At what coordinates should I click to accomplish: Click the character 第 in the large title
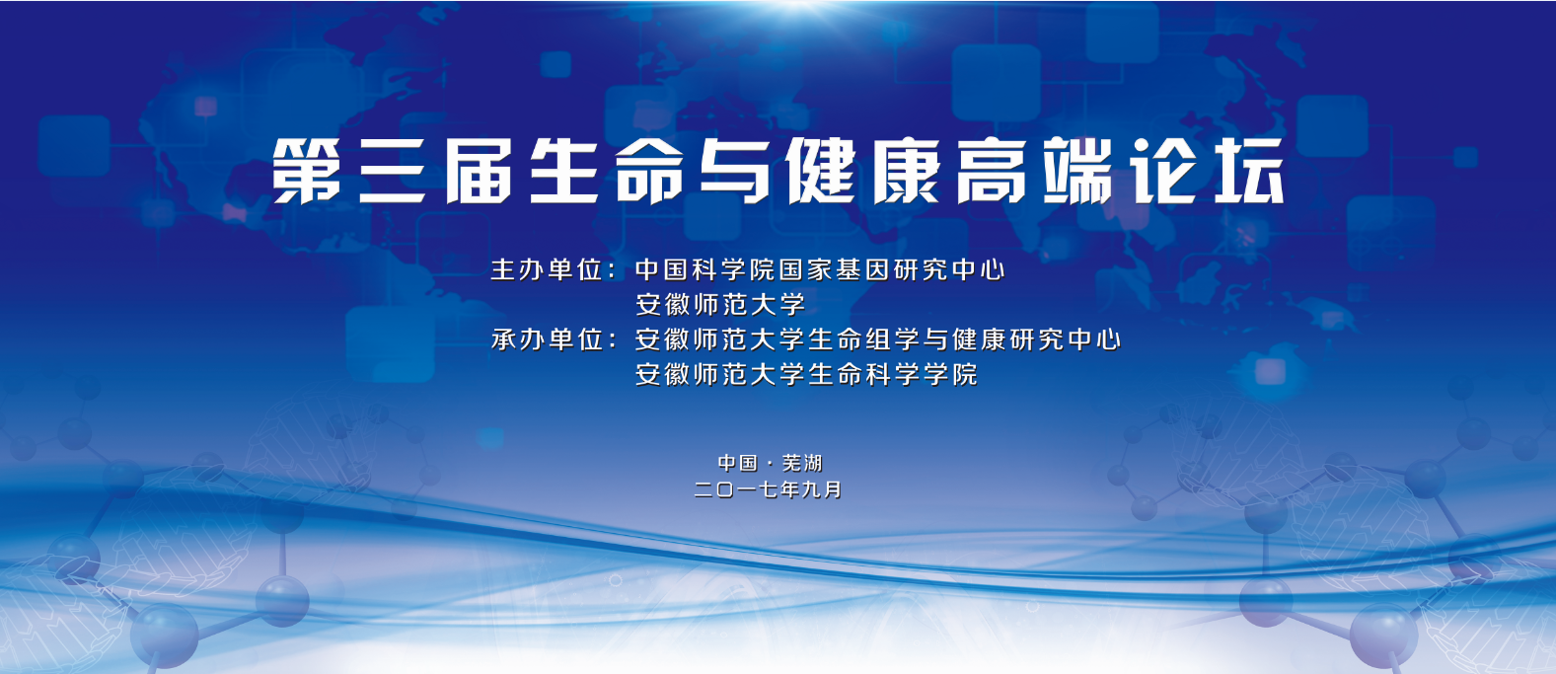(306, 171)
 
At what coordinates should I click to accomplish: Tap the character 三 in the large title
(393, 171)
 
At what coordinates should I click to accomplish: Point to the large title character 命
(649, 171)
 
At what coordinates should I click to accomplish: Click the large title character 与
(735, 171)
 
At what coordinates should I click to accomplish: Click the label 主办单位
(547, 269)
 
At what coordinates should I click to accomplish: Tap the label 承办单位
(547, 339)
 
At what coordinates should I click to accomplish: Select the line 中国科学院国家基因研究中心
(820, 269)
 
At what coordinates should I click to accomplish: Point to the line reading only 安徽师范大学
(720, 304)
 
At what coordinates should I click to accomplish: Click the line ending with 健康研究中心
(878, 339)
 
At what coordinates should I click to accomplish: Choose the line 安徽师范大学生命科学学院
(806, 375)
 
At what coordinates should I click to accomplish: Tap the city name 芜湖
(802, 463)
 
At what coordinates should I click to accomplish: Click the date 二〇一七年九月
(769, 489)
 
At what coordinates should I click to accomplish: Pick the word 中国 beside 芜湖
(738, 463)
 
